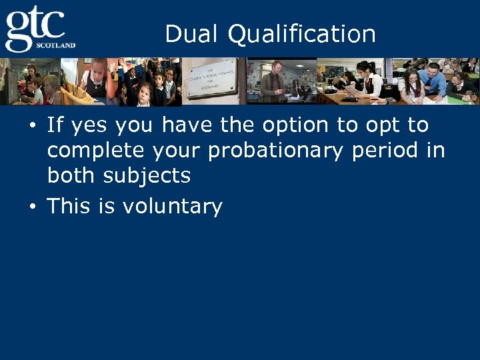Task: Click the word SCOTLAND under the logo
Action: click(x=57, y=45)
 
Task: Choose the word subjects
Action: click(x=149, y=177)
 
